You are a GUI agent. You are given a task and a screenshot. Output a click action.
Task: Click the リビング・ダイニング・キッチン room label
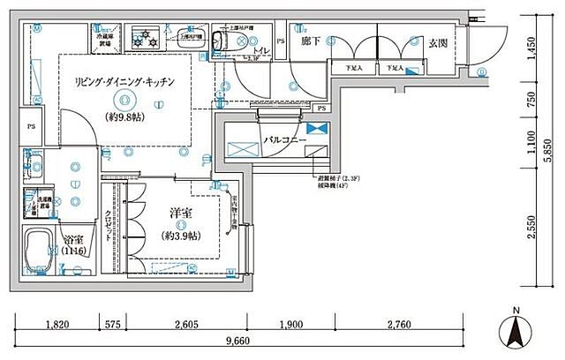pyautogui.click(x=124, y=81)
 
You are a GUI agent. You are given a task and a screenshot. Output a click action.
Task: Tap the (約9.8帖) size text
pyautogui.click(x=124, y=116)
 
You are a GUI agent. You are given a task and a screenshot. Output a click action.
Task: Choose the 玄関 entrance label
pyautogui.click(x=440, y=41)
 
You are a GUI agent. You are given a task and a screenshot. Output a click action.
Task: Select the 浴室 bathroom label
pyautogui.click(x=73, y=238)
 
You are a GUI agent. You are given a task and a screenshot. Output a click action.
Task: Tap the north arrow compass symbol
pyautogui.click(x=516, y=332)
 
